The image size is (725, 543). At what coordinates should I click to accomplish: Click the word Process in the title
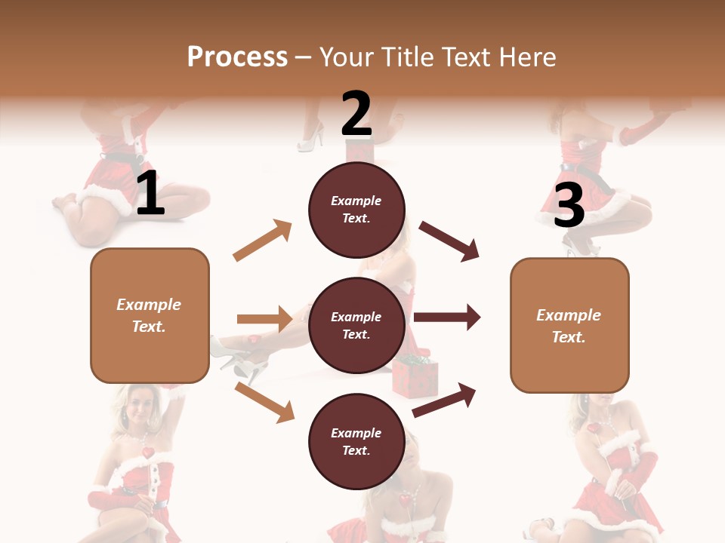237,57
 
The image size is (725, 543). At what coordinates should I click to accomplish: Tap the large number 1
150,194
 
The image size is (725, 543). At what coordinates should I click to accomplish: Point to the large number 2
356,114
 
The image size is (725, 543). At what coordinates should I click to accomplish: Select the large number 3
569,205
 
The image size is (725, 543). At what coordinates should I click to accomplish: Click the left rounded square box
150,315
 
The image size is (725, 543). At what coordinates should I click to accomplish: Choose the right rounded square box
569,326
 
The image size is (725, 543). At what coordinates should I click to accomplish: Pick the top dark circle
356,210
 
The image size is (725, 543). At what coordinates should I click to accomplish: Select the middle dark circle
356,325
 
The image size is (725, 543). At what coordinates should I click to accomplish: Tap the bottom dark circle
356,441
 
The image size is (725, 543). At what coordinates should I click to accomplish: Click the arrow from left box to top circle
263,240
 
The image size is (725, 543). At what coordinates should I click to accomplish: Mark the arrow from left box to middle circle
264,319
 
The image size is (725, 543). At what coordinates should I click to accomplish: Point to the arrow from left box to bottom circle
264,402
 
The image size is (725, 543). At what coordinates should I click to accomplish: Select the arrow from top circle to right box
449,241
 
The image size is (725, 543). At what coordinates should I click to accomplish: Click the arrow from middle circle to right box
447,318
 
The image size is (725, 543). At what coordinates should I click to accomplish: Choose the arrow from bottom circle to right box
444,400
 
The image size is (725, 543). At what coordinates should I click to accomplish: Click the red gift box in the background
415,377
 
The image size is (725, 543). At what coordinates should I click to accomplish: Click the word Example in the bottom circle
356,433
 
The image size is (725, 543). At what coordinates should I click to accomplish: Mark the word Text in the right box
568,337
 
